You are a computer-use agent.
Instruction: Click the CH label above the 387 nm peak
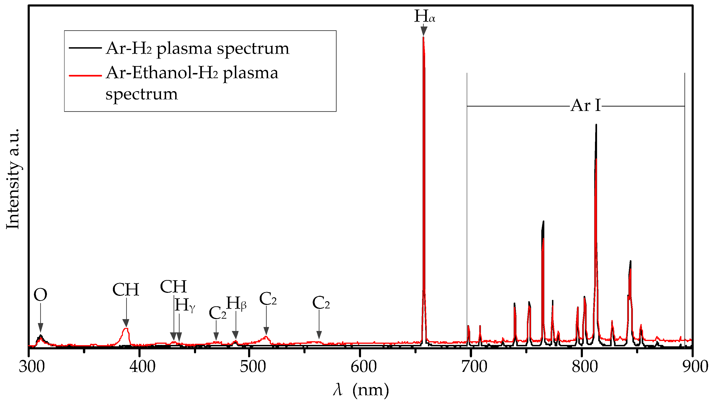(x=126, y=289)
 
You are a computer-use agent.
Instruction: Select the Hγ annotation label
(x=184, y=305)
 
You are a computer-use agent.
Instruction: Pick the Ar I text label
(x=585, y=106)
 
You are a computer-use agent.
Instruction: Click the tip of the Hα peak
(x=423, y=37)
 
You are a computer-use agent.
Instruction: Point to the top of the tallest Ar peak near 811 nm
(x=596, y=125)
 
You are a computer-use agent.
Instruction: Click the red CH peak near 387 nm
(x=126, y=329)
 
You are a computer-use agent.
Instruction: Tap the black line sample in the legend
(x=85, y=48)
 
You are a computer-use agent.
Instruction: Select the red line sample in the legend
(x=85, y=75)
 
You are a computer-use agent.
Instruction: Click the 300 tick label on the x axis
(x=31, y=367)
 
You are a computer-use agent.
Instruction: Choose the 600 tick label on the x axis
(x=363, y=367)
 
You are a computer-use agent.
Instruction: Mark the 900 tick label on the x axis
(x=695, y=367)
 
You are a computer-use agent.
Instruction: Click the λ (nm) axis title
(x=361, y=390)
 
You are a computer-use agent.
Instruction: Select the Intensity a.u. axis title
(x=13, y=179)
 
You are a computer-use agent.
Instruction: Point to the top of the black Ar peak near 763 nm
(x=543, y=222)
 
